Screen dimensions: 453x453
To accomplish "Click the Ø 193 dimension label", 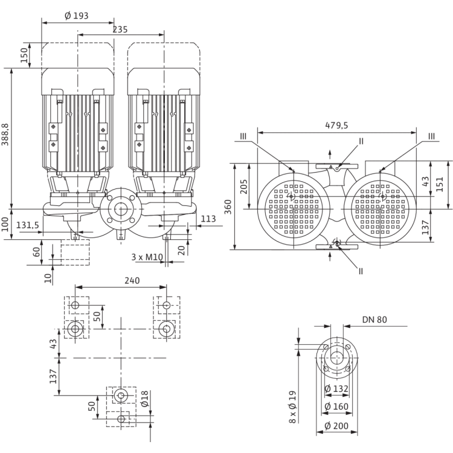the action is point(76,16).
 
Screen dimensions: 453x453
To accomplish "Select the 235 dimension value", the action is point(120,30).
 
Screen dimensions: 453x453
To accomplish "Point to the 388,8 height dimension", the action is point(5,134).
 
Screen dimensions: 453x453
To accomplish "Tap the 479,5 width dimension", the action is point(336,126).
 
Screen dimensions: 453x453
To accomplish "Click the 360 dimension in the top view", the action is point(228,207).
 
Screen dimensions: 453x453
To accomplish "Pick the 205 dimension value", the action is point(244,187).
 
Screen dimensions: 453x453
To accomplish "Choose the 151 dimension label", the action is point(439,184).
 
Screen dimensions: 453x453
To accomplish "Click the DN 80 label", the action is point(374,320).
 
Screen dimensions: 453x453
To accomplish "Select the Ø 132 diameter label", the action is point(336,388).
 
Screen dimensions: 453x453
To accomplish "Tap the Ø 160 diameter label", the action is point(336,406).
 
